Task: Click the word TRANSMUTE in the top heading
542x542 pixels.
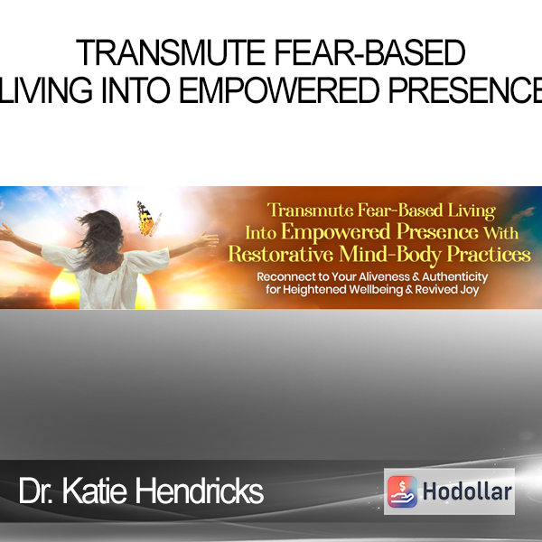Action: (171, 52)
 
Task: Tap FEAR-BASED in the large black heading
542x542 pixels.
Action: (369, 52)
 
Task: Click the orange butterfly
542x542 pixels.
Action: (149, 220)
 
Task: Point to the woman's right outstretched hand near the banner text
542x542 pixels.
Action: (207, 239)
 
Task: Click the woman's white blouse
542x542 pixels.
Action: (107, 276)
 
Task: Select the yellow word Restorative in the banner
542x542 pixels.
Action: (281, 255)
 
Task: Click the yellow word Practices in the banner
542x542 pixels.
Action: (489, 255)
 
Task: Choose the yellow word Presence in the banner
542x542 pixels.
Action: (437, 231)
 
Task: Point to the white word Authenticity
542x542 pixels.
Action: (454, 277)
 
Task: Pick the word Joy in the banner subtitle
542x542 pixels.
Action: (470, 290)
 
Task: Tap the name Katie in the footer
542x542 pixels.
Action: (94, 491)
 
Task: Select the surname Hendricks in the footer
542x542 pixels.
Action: (199, 491)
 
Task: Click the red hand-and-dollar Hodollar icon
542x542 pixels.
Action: (402, 491)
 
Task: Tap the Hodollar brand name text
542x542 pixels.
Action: (467, 491)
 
